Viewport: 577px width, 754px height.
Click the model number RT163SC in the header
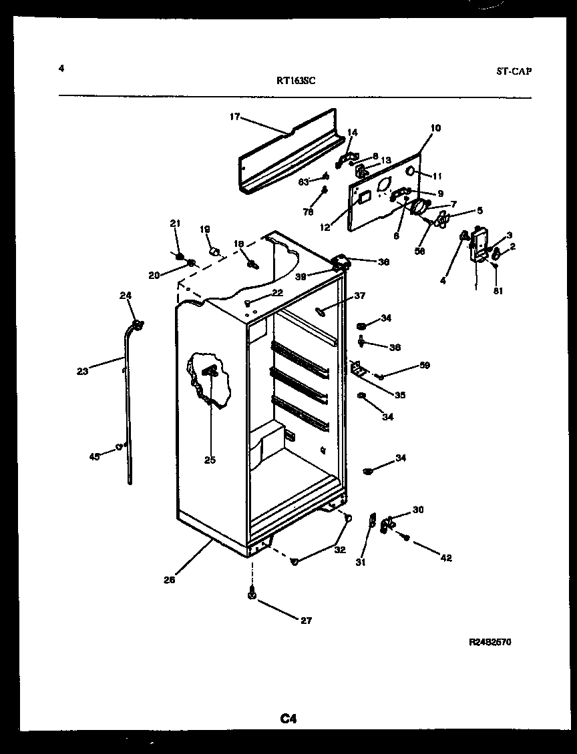[296, 81]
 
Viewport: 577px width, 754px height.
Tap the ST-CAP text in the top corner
[514, 71]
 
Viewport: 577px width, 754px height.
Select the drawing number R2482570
[491, 642]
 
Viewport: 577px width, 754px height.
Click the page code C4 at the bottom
[288, 719]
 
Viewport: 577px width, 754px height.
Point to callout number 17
[234, 117]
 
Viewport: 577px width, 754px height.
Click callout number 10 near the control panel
[435, 128]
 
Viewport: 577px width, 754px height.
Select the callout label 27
[306, 620]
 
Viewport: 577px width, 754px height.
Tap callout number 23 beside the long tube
[82, 372]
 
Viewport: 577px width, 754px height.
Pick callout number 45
[94, 456]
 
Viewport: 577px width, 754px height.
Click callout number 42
[445, 558]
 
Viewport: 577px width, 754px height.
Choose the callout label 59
[425, 366]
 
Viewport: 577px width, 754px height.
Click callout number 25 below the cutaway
[210, 460]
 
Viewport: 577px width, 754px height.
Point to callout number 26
[170, 580]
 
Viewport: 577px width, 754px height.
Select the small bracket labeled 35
[358, 369]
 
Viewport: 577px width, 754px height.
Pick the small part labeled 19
[215, 252]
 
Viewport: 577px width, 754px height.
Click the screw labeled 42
[405, 536]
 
